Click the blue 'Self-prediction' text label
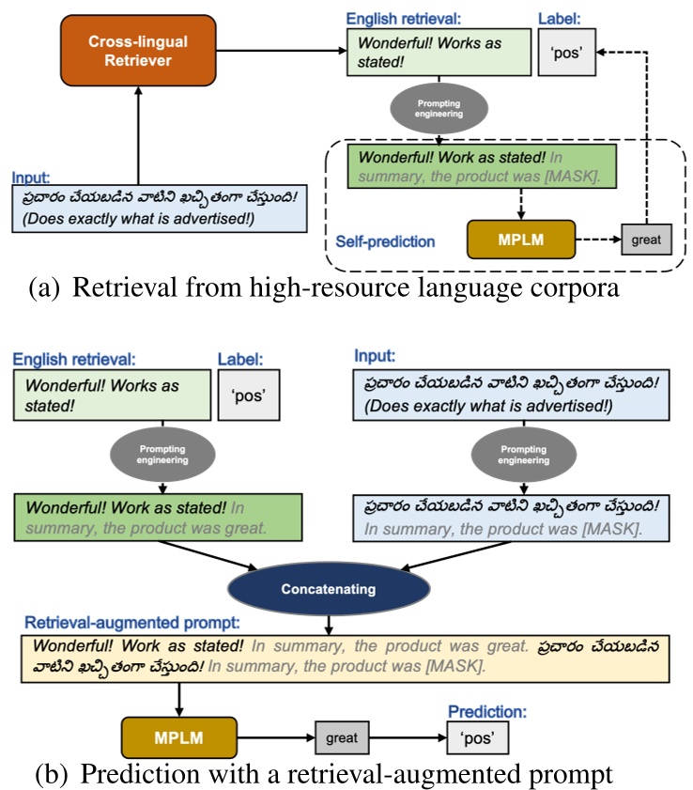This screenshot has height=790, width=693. [x=385, y=241]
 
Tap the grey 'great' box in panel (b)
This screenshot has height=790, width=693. [x=341, y=736]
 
